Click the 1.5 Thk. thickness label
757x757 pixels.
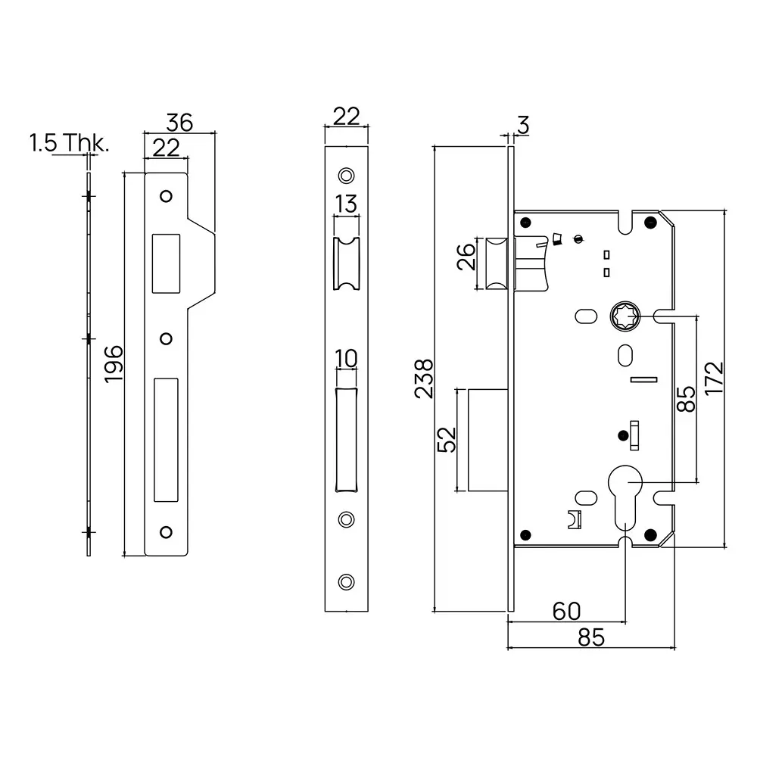pyautogui.click(x=69, y=143)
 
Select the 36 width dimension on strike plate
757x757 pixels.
pyautogui.click(x=180, y=122)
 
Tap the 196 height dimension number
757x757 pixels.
pyautogui.click(x=113, y=363)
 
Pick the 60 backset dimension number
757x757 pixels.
pyautogui.click(x=566, y=611)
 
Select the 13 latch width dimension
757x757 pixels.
pyautogui.click(x=345, y=204)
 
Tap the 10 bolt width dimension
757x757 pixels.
pyautogui.click(x=345, y=358)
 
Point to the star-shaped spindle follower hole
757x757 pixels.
pyautogui.click(x=625, y=316)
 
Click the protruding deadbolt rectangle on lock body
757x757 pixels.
pyautogui.click(x=486, y=440)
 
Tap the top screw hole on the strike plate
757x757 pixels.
pyautogui.click(x=165, y=197)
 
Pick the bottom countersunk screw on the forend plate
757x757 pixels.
pyautogui.click(x=346, y=581)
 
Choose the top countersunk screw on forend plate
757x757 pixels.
pyautogui.click(x=346, y=175)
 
